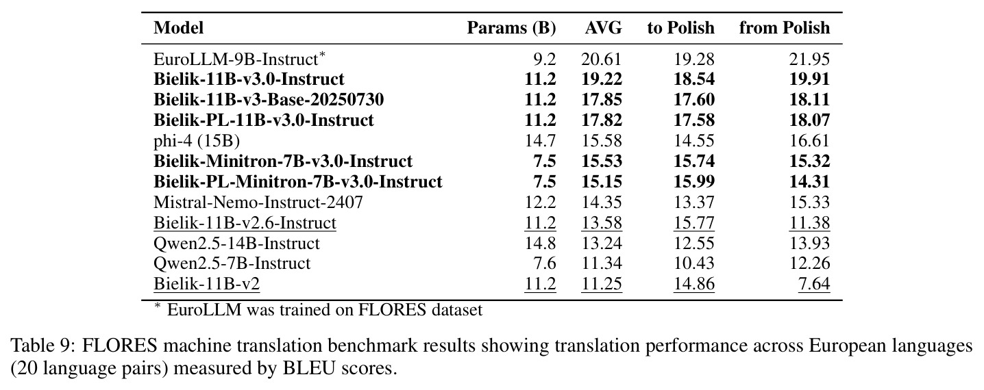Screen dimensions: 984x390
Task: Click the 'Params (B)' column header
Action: pyautogui.click(x=511, y=28)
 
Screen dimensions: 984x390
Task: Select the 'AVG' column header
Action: pyautogui.click(x=604, y=28)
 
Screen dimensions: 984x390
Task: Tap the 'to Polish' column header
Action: pyautogui.click(x=681, y=28)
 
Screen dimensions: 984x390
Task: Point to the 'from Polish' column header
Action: pyautogui.click(x=785, y=28)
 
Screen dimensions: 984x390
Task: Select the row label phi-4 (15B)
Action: pyautogui.click(x=197, y=141)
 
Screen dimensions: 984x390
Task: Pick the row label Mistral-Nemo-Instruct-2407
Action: pyautogui.click(x=258, y=203)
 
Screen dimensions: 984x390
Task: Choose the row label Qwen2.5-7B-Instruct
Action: pyautogui.click(x=232, y=263)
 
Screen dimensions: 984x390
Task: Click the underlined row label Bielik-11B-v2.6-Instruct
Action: pyautogui.click(x=245, y=223)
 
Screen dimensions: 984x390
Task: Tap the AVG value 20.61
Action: pyautogui.click(x=602, y=60)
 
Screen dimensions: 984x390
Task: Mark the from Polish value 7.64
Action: pyautogui.click(x=814, y=284)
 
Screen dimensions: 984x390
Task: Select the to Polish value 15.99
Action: pyautogui.click(x=694, y=181)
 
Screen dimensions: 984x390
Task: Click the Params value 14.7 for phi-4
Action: pyautogui.click(x=541, y=141)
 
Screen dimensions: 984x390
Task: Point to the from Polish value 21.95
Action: pyautogui.click(x=809, y=60)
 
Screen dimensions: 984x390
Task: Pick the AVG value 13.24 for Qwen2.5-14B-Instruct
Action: pyautogui.click(x=602, y=243)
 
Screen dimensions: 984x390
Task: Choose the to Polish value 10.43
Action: pyautogui.click(x=694, y=263)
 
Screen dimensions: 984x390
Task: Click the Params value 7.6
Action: pyautogui.click(x=545, y=263)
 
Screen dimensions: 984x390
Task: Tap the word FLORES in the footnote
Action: pyautogui.click(x=392, y=310)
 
